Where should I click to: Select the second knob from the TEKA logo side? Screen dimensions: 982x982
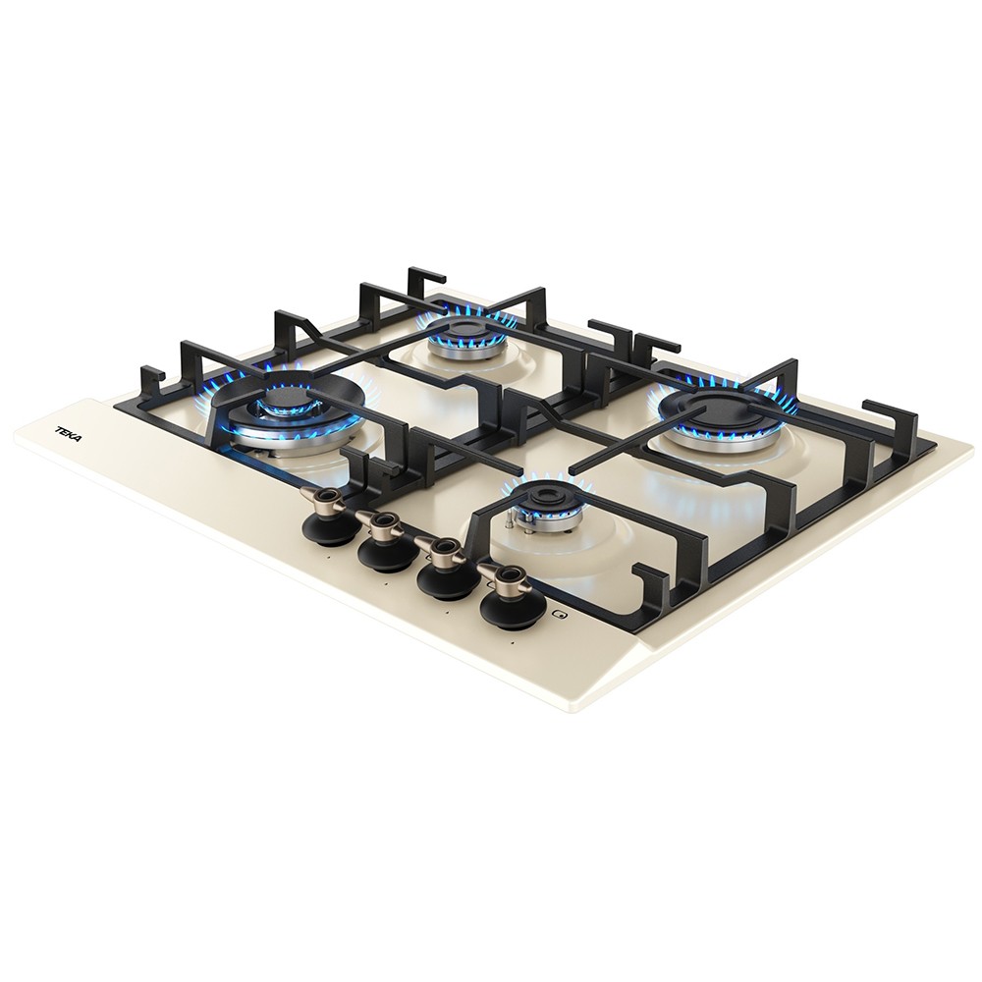click(383, 536)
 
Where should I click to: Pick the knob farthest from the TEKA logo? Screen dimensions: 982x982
click(507, 592)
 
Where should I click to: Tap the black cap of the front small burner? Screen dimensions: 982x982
click(538, 499)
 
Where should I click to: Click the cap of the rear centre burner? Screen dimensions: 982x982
click(465, 329)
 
